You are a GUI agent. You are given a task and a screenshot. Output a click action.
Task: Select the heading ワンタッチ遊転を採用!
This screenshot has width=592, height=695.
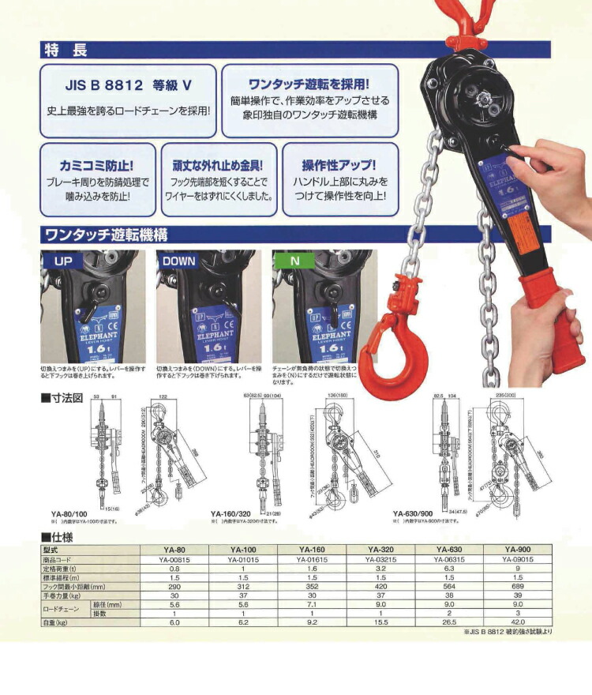pos(309,83)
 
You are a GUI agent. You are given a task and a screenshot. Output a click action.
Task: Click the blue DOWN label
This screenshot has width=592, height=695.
pos(179,260)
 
